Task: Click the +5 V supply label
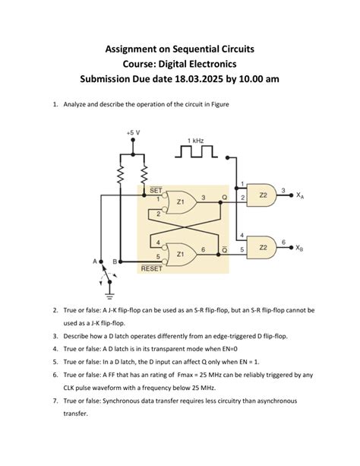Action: [x=134, y=132]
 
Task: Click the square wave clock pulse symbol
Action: [x=197, y=153]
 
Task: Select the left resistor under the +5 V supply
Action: [x=120, y=176]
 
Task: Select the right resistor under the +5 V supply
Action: [x=141, y=176]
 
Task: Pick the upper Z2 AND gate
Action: [x=263, y=195]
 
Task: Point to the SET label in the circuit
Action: [x=155, y=190]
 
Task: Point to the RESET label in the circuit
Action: [x=151, y=268]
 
